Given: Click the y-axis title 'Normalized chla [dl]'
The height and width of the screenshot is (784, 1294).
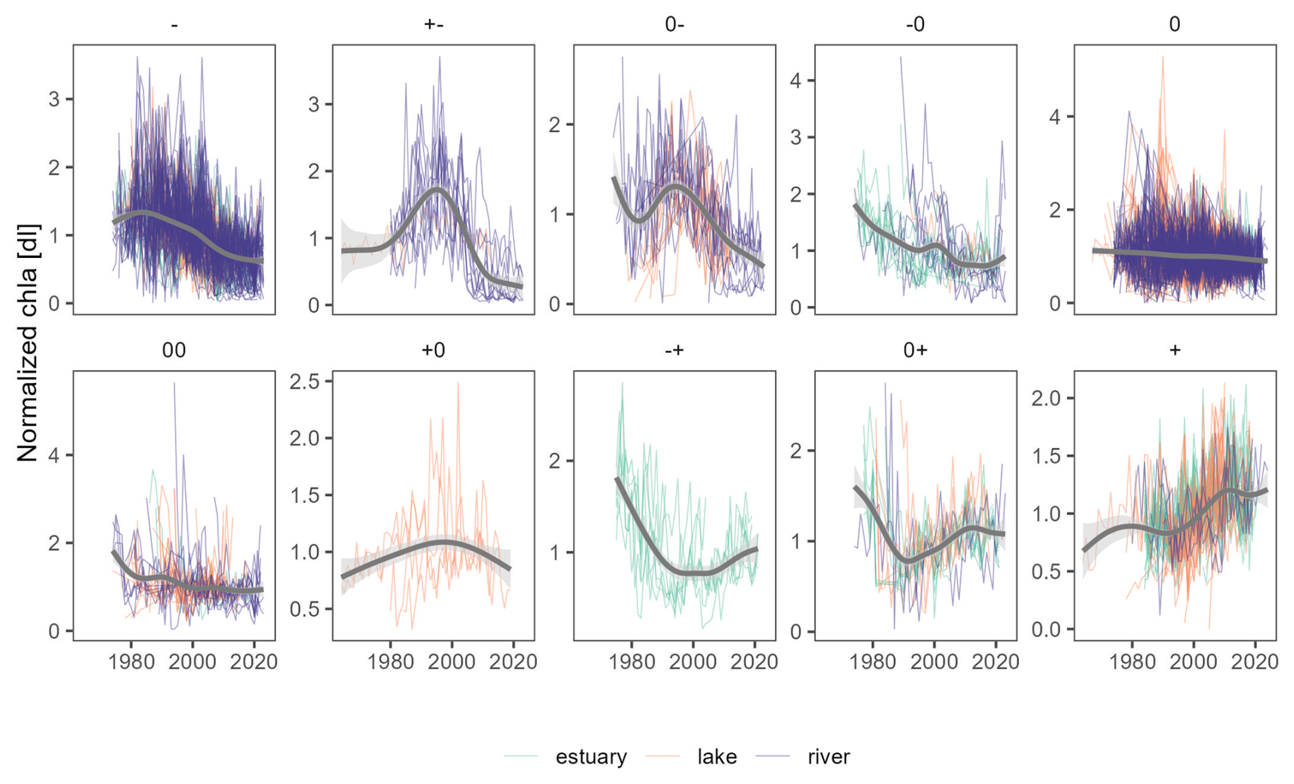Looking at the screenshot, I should [27, 342].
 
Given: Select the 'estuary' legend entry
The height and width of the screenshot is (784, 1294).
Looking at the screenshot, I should [590, 757].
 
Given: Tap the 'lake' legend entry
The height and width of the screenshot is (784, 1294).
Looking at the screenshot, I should [717, 757].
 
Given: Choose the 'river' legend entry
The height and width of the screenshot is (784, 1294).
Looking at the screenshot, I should [828, 757].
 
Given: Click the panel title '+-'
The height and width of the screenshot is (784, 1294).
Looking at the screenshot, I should [434, 25].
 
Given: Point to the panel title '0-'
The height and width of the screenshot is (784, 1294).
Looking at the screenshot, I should [674, 25].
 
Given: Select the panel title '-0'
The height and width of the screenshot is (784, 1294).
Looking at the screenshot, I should [915, 25].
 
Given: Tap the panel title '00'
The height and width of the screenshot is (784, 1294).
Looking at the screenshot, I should [174, 350].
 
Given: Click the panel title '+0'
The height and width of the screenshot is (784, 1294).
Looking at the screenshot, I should [434, 350].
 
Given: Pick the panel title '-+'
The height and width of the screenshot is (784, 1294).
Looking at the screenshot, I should [674, 350].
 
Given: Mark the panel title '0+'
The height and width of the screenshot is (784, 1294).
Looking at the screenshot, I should [915, 350].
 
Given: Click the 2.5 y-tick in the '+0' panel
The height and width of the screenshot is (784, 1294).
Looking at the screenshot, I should [307, 381].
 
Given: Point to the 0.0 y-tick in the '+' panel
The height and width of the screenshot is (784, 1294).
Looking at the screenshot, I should [1047, 629].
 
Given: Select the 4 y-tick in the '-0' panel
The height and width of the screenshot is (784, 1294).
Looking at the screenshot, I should [795, 81].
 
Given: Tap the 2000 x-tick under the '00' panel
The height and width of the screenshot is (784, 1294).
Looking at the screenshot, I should [193, 662].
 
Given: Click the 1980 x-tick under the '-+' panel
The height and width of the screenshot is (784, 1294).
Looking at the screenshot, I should [632, 662].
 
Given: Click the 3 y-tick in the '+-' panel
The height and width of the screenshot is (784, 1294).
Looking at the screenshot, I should [314, 105].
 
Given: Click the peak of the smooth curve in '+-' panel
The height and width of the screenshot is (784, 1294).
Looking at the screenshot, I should [436, 190].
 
